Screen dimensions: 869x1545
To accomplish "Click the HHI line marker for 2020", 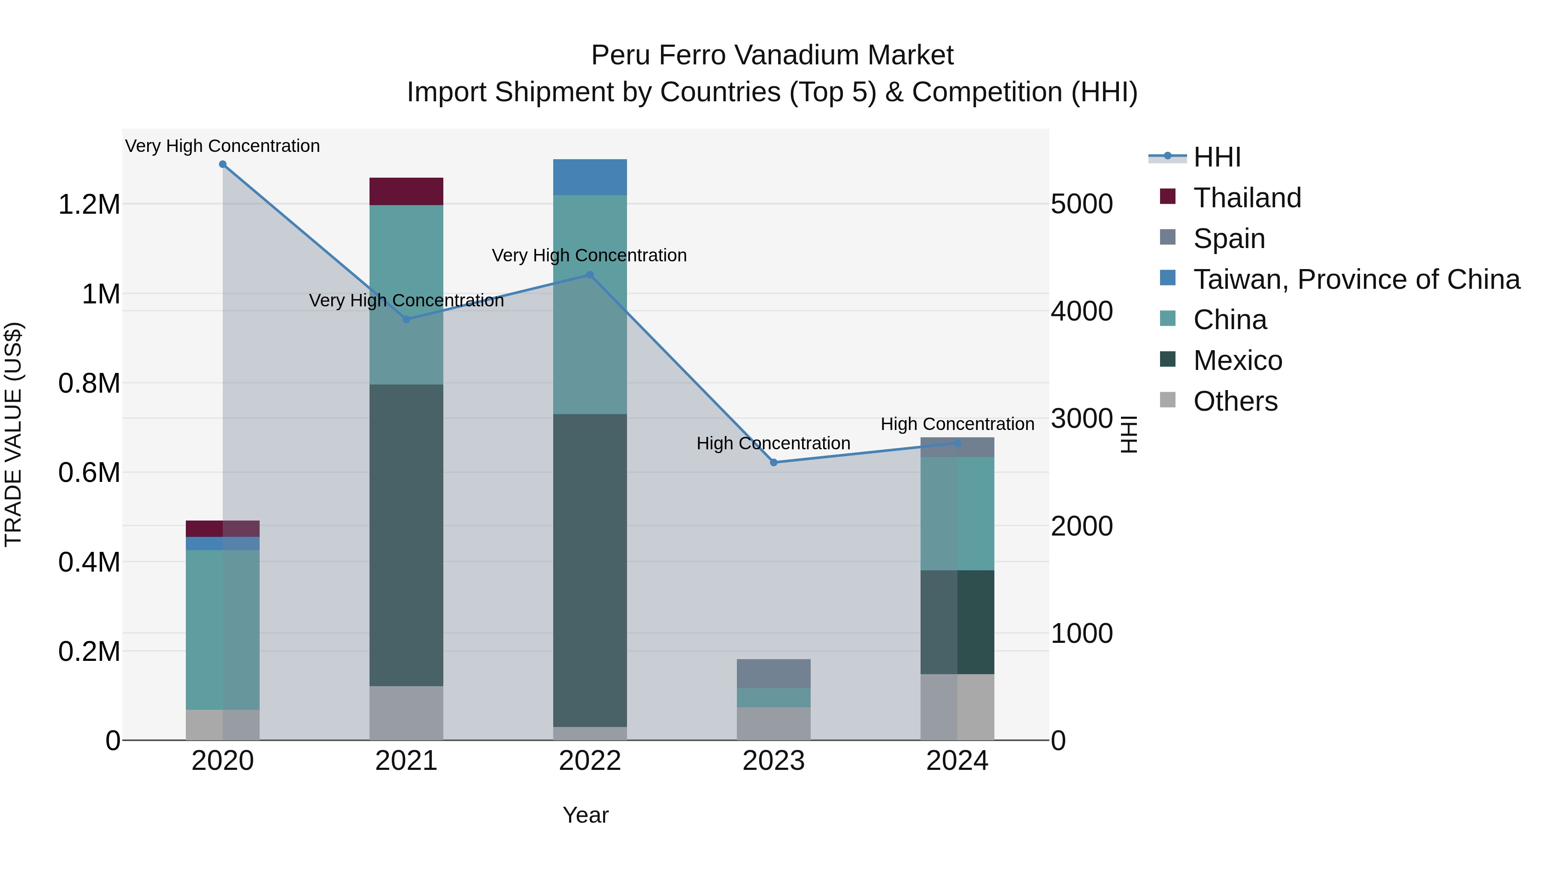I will [x=222, y=164].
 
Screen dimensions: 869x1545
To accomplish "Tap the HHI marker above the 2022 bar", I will [x=590, y=275].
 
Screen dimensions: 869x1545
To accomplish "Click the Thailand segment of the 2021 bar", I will [x=406, y=191].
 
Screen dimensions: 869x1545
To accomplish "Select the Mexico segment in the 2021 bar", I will [x=406, y=535].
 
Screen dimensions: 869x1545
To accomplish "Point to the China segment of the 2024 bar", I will [x=957, y=513].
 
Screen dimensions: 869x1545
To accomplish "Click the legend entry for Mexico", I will [x=1237, y=360].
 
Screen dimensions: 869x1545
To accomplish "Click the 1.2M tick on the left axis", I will [x=89, y=205].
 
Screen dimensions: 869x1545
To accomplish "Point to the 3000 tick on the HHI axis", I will [x=1081, y=418].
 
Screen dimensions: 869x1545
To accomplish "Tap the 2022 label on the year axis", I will [x=590, y=761].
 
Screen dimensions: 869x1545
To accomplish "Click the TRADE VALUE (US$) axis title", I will [x=13, y=434].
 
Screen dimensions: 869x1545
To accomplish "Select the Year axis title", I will [x=585, y=815].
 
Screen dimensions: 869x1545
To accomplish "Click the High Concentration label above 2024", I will [x=957, y=424].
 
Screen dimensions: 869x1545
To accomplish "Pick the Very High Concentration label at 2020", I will [x=222, y=146].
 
